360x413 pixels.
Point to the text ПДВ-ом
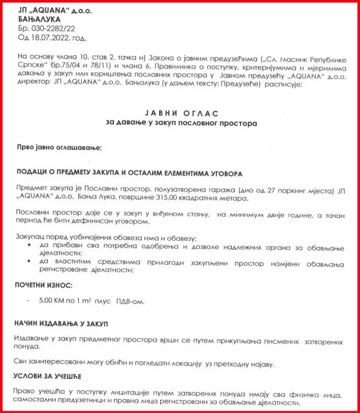(131, 301)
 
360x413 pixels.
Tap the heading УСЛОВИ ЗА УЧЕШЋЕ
(48, 376)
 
